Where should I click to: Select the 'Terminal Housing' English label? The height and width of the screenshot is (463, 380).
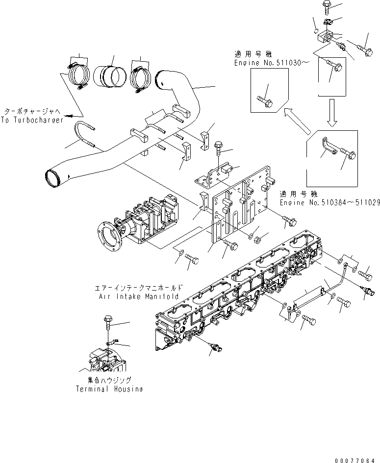[x=109, y=389]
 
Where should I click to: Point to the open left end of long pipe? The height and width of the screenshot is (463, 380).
[x=53, y=175]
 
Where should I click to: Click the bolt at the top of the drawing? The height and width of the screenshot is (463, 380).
[x=328, y=6]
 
